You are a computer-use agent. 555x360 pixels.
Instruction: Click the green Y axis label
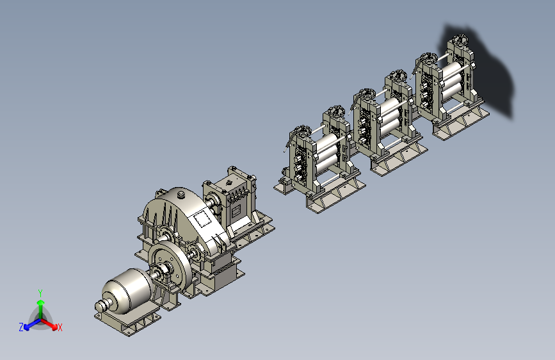(40, 293)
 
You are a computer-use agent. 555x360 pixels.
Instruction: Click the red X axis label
(60, 327)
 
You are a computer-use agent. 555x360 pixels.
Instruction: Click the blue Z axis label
(21, 327)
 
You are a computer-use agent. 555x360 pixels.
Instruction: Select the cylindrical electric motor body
(128, 291)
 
